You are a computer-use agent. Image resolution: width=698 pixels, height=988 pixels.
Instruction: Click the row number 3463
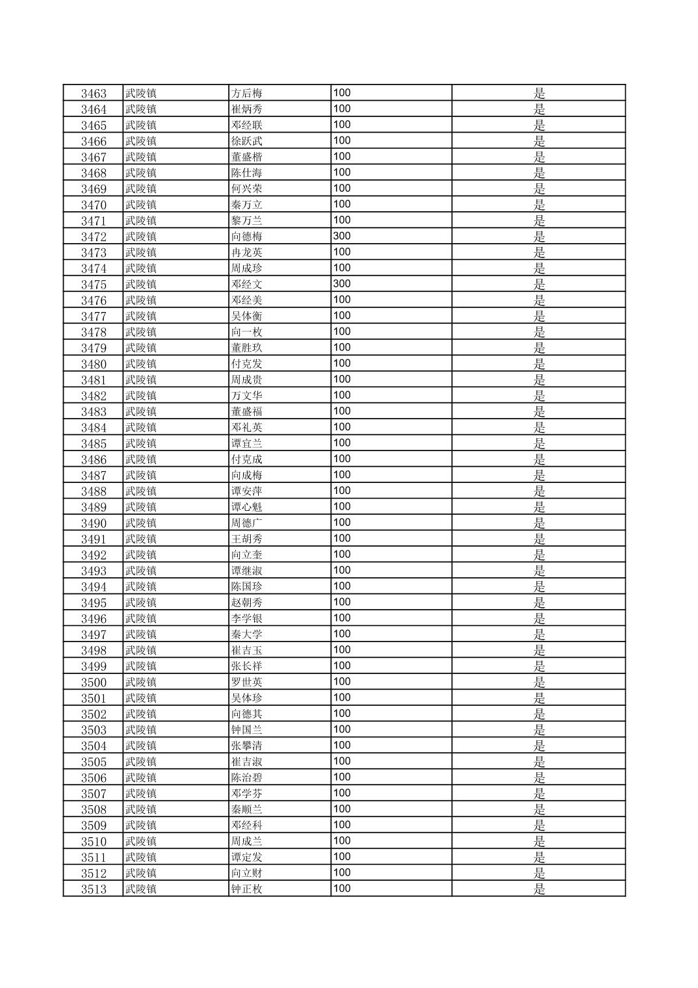pos(94,93)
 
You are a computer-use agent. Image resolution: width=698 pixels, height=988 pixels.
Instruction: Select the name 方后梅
pos(247,93)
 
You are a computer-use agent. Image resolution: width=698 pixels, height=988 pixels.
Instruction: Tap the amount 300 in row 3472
pos(342,236)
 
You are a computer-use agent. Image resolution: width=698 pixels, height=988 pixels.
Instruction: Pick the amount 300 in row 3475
pos(342,284)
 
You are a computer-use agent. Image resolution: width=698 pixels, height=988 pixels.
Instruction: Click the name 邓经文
pos(247,284)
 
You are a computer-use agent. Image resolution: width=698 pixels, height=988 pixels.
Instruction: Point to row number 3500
pos(94,682)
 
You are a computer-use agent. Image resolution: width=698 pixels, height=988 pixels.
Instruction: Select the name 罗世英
pos(247,682)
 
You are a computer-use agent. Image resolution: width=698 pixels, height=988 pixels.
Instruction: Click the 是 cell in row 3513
pos(539,889)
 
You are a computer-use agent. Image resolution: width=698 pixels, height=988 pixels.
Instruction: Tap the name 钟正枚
pos(247,889)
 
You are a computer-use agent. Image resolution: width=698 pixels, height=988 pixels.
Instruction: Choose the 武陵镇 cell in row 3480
pos(141,363)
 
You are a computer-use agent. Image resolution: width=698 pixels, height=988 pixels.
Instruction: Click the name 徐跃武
pos(247,140)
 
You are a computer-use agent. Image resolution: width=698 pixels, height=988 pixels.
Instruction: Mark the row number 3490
pos(94,523)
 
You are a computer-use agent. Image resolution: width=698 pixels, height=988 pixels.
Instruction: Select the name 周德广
pos(247,523)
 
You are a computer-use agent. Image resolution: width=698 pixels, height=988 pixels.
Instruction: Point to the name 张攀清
pos(247,746)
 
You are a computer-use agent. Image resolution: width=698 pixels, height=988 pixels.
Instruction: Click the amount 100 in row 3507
pos(342,793)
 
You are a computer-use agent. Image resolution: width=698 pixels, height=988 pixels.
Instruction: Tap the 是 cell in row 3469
pos(539,188)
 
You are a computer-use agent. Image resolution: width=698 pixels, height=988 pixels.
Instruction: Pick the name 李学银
pos(247,618)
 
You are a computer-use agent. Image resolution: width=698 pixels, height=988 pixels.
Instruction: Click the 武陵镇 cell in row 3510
pos(141,841)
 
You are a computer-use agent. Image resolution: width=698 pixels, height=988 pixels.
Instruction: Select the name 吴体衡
pos(247,316)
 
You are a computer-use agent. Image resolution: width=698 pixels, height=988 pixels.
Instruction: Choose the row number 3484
pos(94,427)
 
